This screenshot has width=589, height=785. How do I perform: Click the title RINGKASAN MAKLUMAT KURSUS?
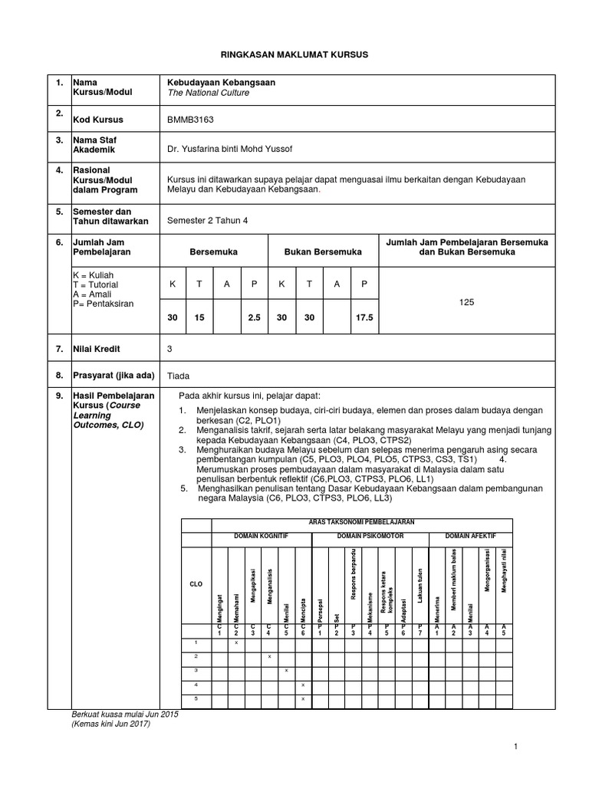click(x=294, y=55)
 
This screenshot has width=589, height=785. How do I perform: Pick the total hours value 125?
click(x=466, y=302)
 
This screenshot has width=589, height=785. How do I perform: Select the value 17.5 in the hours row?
click(x=364, y=317)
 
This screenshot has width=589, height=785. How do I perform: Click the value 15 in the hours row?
click(x=199, y=317)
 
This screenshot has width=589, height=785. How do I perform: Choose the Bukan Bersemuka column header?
click(x=323, y=251)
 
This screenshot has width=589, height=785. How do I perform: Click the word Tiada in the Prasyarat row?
click(x=178, y=376)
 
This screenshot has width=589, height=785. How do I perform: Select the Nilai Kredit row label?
click(x=96, y=349)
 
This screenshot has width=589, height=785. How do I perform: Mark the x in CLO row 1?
click(x=235, y=642)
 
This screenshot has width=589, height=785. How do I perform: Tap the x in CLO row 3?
click(x=286, y=670)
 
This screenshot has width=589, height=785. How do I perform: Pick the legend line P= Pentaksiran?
click(x=102, y=304)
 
